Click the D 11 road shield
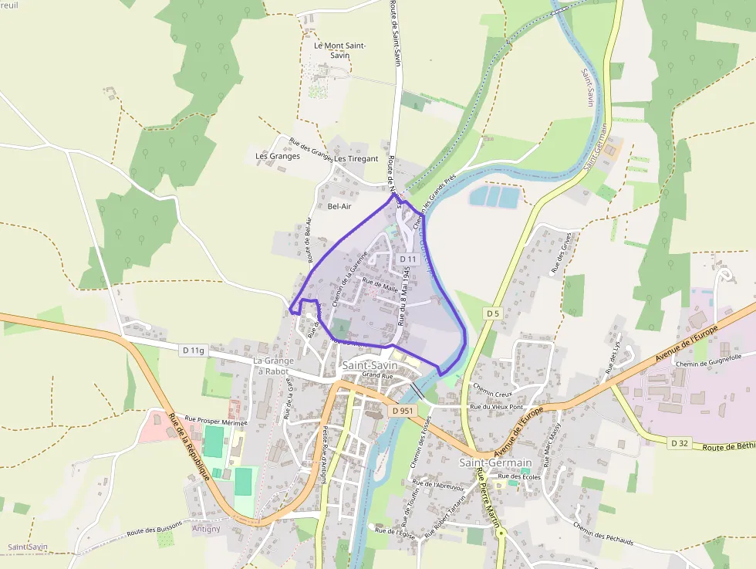click(x=409, y=259)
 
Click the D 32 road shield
click(x=679, y=442)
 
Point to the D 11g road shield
click(x=194, y=350)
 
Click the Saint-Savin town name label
click(x=370, y=364)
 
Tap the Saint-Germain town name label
click(x=495, y=462)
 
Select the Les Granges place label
click(x=278, y=156)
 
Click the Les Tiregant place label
click(x=356, y=159)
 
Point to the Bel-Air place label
click(x=339, y=206)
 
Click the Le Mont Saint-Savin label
click(x=339, y=50)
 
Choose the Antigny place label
click(x=206, y=529)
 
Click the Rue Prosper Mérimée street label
click(x=215, y=423)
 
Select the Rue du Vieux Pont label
click(x=497, y=407)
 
